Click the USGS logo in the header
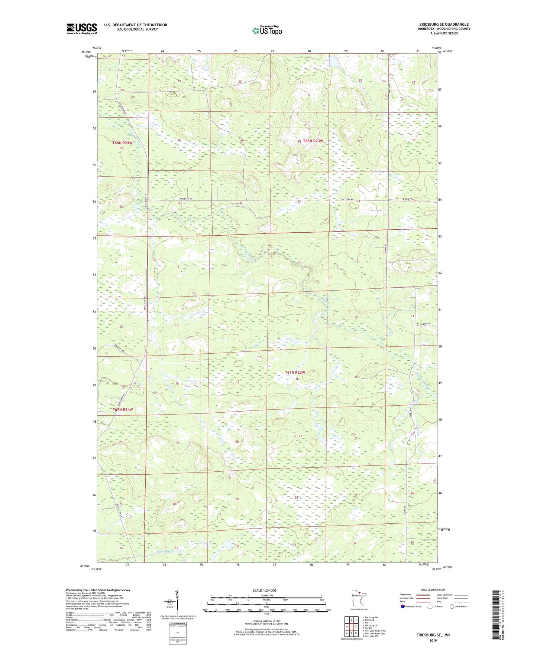[81, 29]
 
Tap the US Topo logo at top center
[267, 30]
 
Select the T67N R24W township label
[123, 409]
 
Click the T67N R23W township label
[295, 372]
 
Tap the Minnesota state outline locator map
[359, 599]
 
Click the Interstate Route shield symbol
[402, 606]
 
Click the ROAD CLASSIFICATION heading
[433, 590]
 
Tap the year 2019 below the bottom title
[433, 640]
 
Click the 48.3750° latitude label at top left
[87, 52]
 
